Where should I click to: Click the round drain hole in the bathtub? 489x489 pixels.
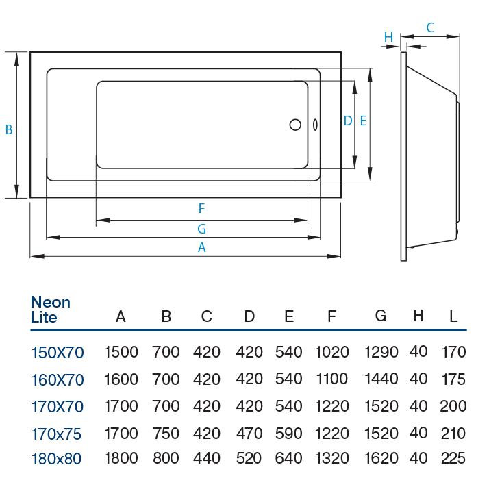(x=295, y=125)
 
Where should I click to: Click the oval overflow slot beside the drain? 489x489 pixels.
(x=315, y=125)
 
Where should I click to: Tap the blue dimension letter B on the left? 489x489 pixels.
(x=9, y=129)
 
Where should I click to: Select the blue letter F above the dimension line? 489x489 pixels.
(x=202, y=208)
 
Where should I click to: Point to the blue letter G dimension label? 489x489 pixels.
(x=202, y=229)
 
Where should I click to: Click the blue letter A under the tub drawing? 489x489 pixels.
(x=202, y=248)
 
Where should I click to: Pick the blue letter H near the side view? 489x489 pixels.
(x=388, y=37)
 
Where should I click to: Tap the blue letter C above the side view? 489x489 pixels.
(x=430, y=28)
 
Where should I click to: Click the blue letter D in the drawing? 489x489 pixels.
(x=348, y=121)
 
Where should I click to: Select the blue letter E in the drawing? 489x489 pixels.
(x=363, y=121)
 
